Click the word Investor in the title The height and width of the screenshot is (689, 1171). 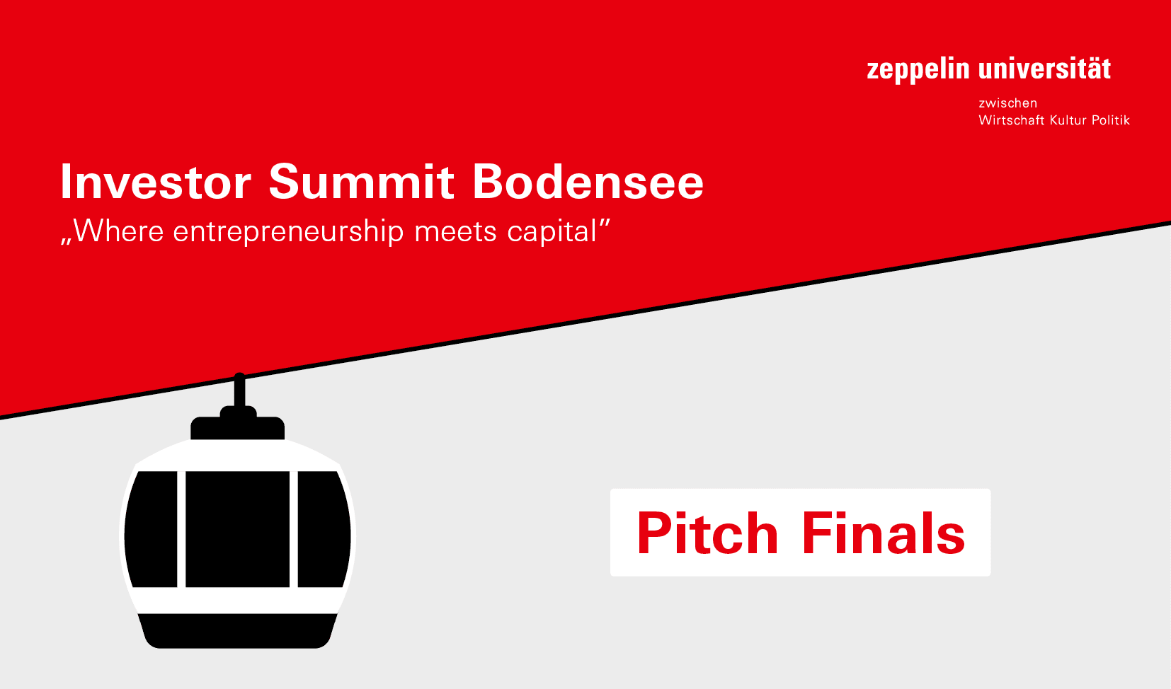click(155, 183)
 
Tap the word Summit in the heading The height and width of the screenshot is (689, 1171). click(361, 183)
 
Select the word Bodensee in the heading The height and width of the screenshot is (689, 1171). click(588, 183)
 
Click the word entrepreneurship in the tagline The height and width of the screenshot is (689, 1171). click(288, 232)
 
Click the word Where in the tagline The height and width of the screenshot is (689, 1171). click(118, 231)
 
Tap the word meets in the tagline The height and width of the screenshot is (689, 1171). click(455, 232)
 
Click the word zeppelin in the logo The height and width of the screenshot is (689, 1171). click(918, 69)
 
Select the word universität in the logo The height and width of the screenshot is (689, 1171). click(1044, 69)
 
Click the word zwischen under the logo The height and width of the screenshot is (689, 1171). click(1007, 103)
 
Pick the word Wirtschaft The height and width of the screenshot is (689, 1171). click(1011, 120)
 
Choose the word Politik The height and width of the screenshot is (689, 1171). click(1110, 120)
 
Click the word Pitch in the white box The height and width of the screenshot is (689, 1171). click(707, 533)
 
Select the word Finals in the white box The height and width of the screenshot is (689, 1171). click(883, 533)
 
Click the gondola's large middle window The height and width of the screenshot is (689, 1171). click(237, 529)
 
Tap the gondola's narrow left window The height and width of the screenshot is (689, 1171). click(152, 529)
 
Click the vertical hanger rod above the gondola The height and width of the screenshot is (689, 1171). click(239, 390)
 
